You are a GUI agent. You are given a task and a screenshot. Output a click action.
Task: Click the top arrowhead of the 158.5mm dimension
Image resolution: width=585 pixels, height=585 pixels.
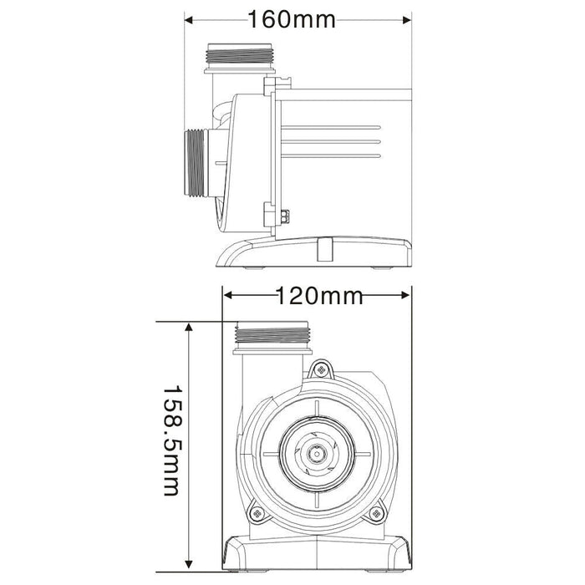click(x=191, y=327)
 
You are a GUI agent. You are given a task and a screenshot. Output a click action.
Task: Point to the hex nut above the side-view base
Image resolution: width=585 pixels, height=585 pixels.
click(x=285, y=217)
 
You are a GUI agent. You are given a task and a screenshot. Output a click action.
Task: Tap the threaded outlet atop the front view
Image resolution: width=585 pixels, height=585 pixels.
click(x=272, y=336)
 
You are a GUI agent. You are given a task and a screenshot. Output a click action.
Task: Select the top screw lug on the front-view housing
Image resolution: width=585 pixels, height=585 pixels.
click(x=319, y=369)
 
